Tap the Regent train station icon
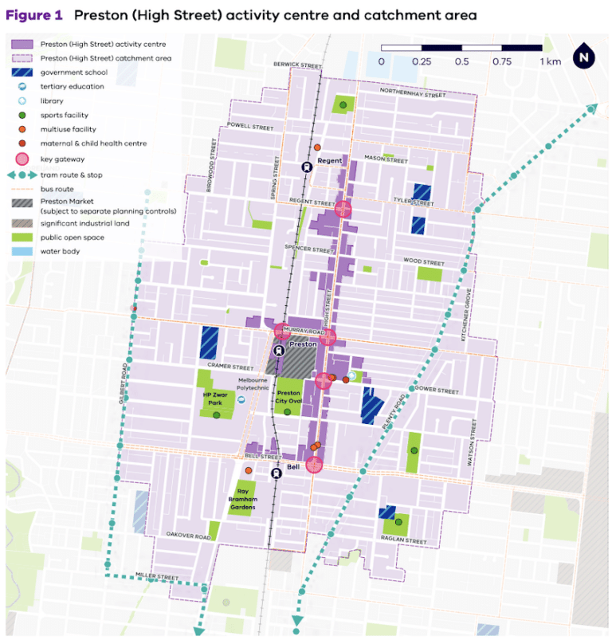306,167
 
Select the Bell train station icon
276,473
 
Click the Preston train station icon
280,350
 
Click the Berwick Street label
296,64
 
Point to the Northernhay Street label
413,94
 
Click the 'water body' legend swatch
24,251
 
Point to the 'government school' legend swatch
24,72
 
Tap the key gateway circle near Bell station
315,465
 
